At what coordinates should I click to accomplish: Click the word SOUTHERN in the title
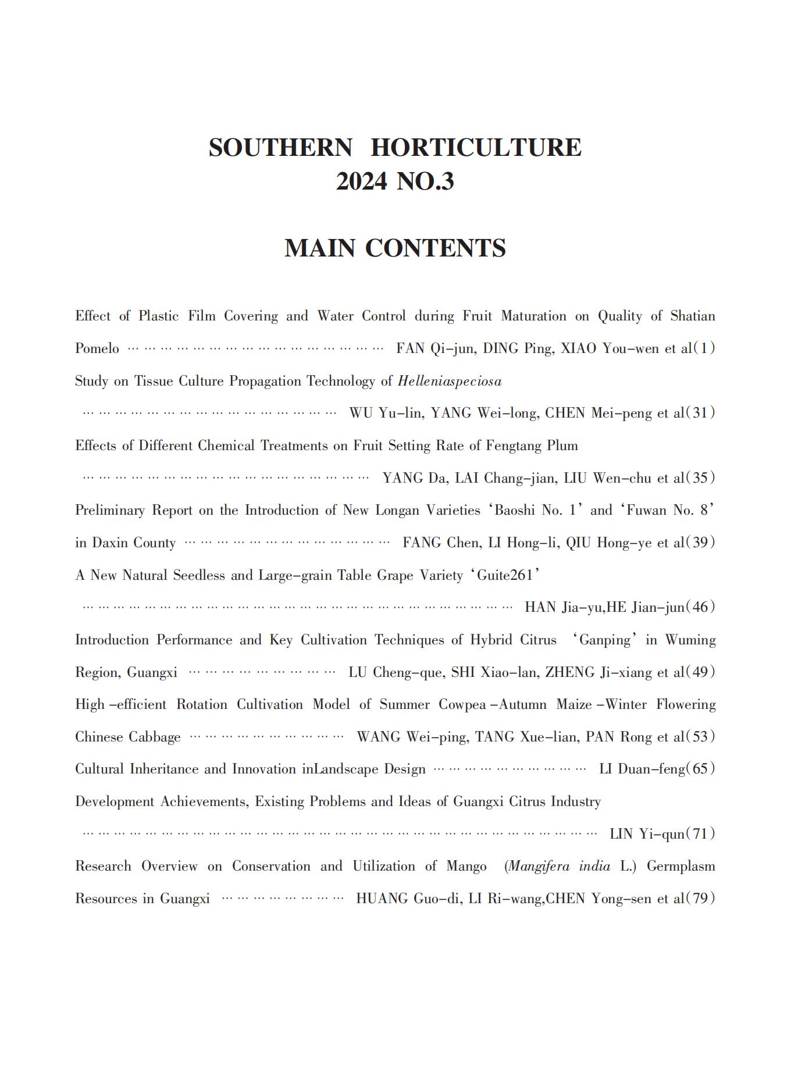[x=280, y=148]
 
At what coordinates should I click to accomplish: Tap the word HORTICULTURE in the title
[x=476, y=148]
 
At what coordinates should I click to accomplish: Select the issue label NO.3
[x=425, y=182]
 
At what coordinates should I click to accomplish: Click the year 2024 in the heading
[x=361, y=182]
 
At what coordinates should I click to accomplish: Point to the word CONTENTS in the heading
[x=435, y=248]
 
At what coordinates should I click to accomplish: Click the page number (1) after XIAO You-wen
[x=704, y=349]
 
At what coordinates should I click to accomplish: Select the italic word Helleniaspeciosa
[x=450, y=382]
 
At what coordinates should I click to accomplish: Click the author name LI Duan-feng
[x=642, y=769]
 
